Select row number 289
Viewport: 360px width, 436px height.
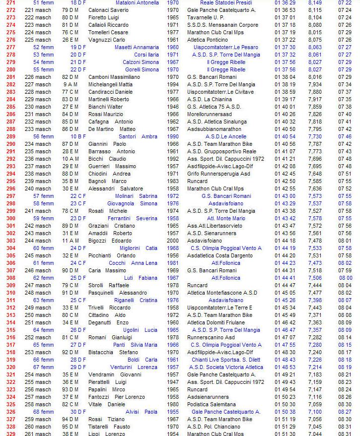click(10, 136)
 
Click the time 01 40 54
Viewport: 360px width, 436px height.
click(285, 136)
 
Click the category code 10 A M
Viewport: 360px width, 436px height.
click(71, 159)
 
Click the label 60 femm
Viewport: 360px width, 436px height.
click(44, 248)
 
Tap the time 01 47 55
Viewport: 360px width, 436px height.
click(285, 345)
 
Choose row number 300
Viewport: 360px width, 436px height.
click(10, 218)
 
